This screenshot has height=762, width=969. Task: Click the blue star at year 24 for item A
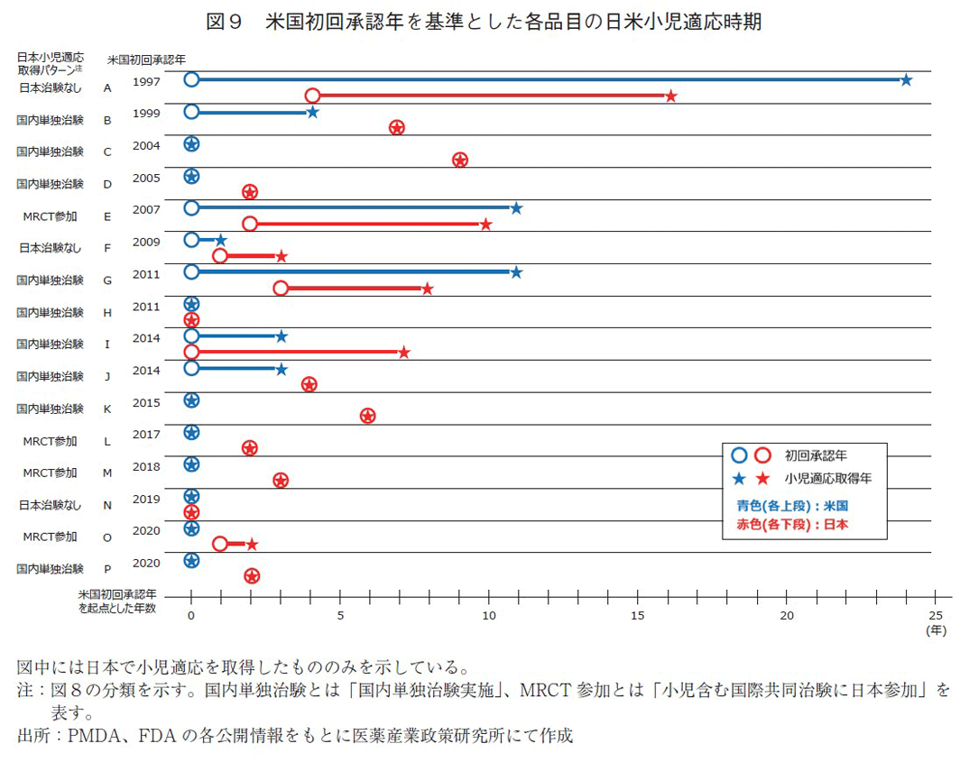(x=906, y=80)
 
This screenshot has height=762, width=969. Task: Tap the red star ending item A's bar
(x=670, y=96)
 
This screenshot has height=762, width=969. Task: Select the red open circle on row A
(x=312, y=96)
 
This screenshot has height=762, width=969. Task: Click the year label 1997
(x=146, y=81)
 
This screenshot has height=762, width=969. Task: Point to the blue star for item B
(x=312, y=113)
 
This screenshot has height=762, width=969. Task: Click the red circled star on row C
(x=460, y=161)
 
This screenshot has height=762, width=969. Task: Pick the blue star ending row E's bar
(x=516, y=208)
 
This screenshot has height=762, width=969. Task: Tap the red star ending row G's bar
(x=428, y=289)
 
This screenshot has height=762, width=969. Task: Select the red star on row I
(x=404, y=352)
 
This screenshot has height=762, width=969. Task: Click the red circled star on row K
(x=367, y=416)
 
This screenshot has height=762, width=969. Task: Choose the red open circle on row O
(x=220, y=544)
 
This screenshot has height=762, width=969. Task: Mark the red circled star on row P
(x=252, y=576)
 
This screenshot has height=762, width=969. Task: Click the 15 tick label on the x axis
(x=638, y=615)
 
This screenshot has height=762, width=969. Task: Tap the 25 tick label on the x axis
(x=936, y=615)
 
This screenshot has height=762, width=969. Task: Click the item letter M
(x=107, y=473)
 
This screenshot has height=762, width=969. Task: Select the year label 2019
(x=146, y=499)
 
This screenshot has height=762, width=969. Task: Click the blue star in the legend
(x=739, y=478)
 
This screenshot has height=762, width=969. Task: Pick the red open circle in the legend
(x=762, y=455)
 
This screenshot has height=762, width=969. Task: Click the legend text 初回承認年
(x=816, y=455)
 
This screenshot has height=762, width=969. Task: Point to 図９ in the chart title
(x=226, y=22)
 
